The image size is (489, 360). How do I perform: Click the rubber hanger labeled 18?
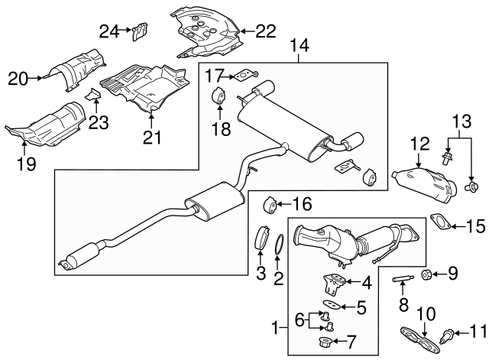tap(217, 99)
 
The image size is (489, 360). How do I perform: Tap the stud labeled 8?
tap(403, 277)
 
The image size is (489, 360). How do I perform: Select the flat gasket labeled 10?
tap(413, 335)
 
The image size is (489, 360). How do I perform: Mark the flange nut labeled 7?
tap(324, 342)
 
